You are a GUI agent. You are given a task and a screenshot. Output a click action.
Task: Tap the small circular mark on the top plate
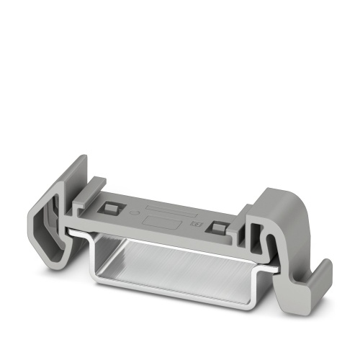130,213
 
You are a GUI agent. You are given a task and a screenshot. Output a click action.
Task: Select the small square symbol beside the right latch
194,225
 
